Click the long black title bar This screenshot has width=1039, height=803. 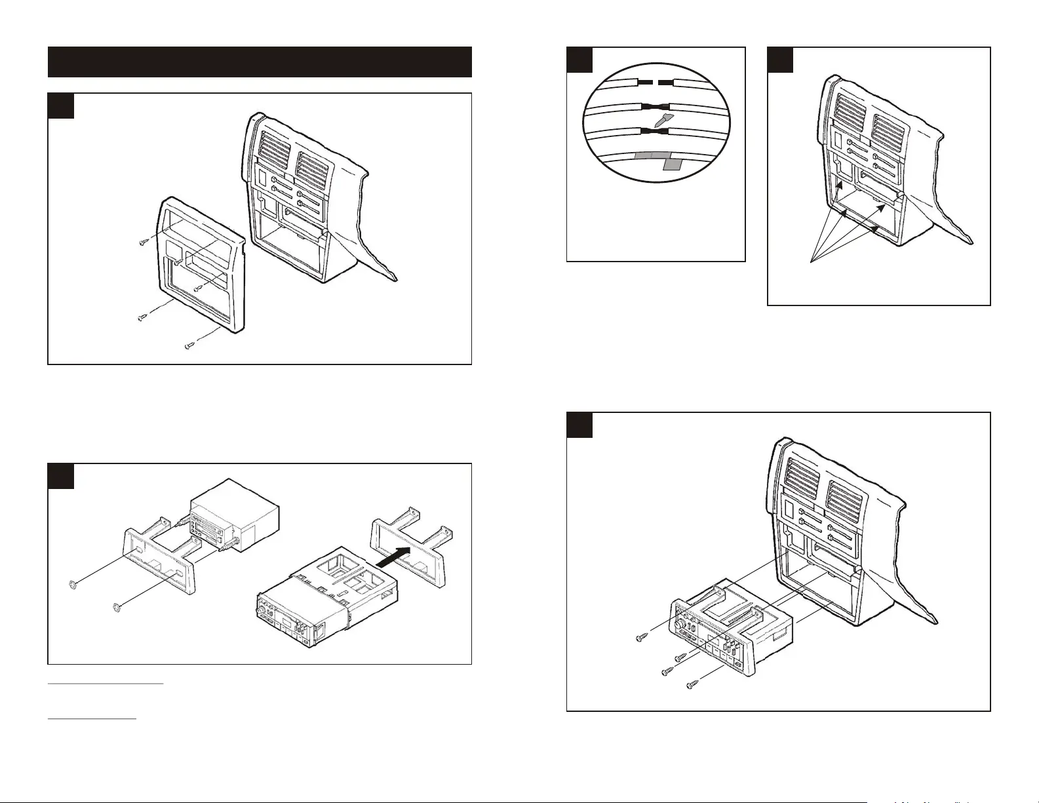(x=260, y=62)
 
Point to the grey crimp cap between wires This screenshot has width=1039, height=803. (x=663, y=120)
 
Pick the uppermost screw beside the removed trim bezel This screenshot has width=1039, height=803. (x=146, y=242)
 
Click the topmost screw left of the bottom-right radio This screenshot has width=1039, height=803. (x=642, y=637)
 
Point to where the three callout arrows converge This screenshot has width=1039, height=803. (x=812, y=262)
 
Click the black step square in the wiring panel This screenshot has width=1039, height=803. (x=579, y=60)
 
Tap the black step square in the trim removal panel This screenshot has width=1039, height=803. (x=61, y=106)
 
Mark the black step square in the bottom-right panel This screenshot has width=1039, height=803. (x=579, y=425)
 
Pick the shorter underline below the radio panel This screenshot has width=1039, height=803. (x=92, y=718)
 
